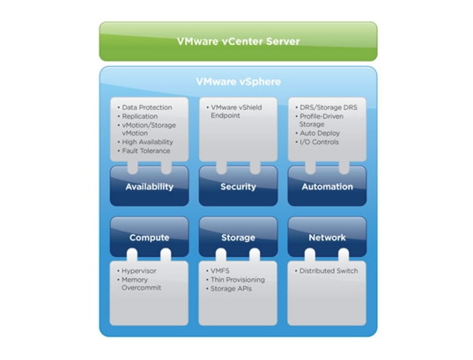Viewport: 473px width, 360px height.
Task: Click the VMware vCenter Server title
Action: pos(238,41)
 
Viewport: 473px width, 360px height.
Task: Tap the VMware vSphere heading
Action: pos(239,81)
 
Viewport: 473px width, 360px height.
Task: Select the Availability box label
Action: pos(150,187)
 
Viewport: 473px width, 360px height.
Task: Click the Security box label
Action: pos(239,187)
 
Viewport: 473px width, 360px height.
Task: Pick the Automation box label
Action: pos(328,187)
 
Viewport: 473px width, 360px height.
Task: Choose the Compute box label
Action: pos(150,238)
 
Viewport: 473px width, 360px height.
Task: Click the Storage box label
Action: pos(239,238)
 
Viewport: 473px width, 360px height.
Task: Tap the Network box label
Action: pos(328,238)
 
